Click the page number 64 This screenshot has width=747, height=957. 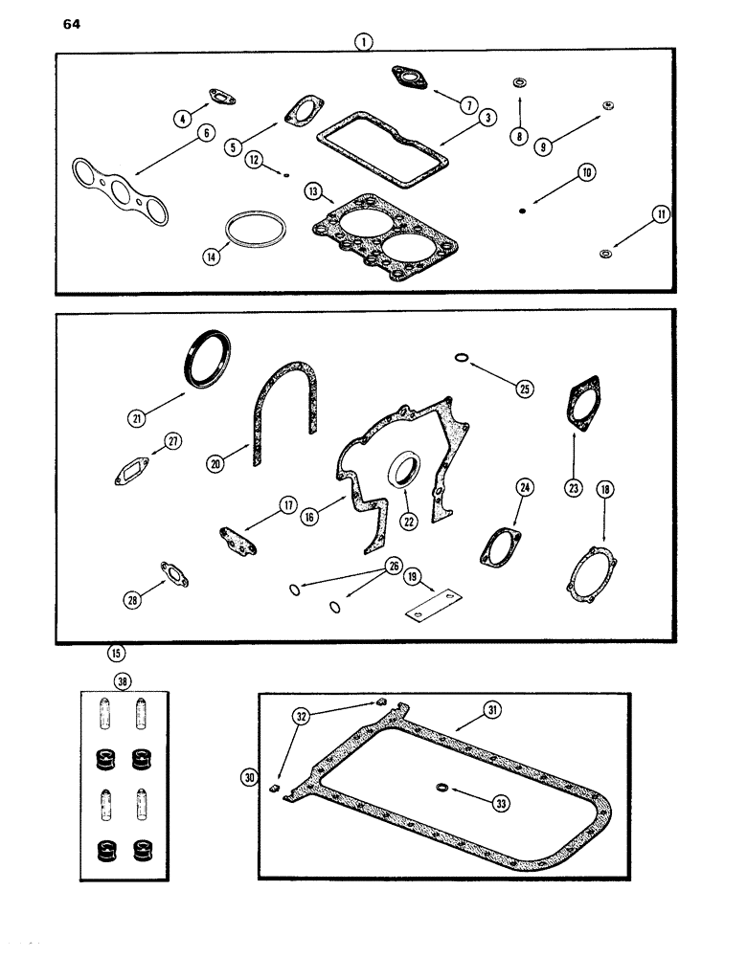pyautogui.click(x=73, y=26)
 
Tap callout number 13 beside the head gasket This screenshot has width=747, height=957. pyautogui.click(x=312, y=190)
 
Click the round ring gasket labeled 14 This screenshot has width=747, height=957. pyautogui.click(x=255, y=233)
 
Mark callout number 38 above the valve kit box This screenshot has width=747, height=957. pyautogui.click(x=122, y=681)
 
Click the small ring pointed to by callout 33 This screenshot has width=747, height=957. pyautogui.click(x=441, y=788)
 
